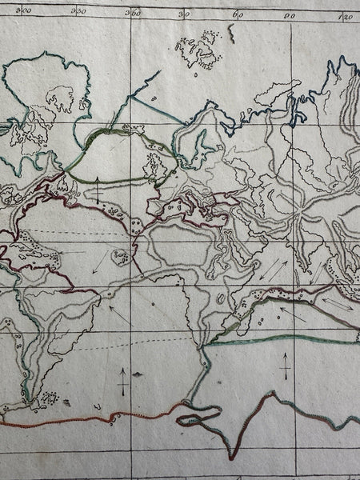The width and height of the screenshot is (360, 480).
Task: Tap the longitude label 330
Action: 78,12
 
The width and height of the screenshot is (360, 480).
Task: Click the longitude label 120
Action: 346,17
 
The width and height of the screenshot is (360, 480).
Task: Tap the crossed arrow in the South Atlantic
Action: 121,382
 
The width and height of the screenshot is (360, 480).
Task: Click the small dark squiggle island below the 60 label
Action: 230,32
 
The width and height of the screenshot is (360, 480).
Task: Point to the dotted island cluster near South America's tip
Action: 49,398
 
